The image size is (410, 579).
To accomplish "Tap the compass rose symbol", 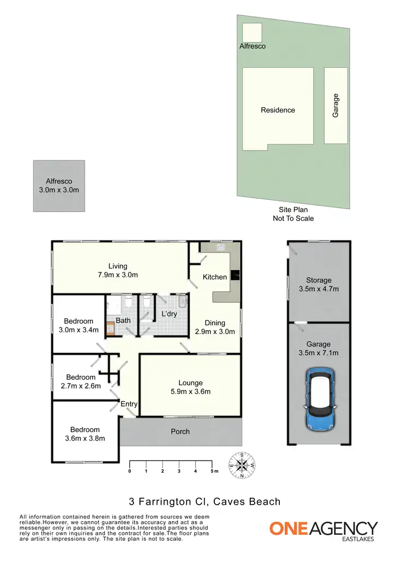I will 242,465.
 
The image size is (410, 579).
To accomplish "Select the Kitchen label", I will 215,277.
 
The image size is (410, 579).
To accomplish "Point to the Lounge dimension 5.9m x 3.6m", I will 190,391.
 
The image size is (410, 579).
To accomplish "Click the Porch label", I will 180,432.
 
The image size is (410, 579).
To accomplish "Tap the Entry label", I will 129,404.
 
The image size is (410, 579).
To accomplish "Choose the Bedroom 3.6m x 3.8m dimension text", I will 85,438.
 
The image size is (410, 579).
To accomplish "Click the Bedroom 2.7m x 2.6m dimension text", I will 81,386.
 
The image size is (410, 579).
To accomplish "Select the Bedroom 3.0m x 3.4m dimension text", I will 79,330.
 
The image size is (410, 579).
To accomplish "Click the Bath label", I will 123,320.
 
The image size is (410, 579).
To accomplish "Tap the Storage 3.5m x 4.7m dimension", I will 319,289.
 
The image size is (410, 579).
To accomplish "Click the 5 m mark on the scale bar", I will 212,470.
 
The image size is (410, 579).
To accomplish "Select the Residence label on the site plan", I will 278,110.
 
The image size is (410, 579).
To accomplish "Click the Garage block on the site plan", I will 336,105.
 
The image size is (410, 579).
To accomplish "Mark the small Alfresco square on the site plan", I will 252,32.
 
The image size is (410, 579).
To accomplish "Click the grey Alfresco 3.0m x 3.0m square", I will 59,186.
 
